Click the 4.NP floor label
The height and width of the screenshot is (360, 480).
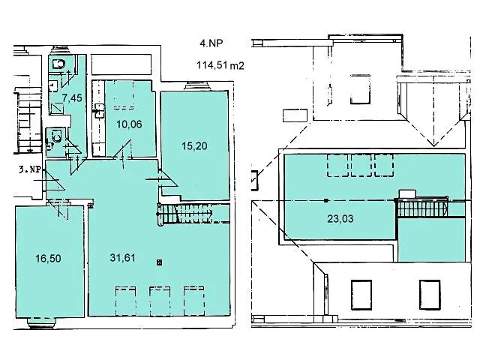211,43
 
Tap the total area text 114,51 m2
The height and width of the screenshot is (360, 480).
220,65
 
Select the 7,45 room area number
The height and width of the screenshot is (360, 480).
72,98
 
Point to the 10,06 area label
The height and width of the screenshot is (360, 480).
129,124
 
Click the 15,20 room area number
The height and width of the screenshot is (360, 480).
194,145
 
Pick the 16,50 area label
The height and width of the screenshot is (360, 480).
48,258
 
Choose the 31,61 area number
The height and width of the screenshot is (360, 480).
122,257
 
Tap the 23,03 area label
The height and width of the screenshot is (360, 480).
340,218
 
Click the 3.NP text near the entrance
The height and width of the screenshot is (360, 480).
29,169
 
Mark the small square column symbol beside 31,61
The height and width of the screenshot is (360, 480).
159,262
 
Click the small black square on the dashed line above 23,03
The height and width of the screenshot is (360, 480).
326,200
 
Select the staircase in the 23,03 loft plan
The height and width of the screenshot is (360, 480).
421,207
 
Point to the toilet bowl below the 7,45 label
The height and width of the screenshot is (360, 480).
57,135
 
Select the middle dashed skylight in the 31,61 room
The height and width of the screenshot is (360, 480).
160,301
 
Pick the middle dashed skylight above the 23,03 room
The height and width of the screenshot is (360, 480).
361,165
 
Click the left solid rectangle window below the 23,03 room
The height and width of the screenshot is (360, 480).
361,295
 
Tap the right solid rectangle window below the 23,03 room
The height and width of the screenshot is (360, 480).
430,295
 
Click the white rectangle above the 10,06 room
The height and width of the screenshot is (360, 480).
121,64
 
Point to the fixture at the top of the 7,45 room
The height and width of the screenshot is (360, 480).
58,64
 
